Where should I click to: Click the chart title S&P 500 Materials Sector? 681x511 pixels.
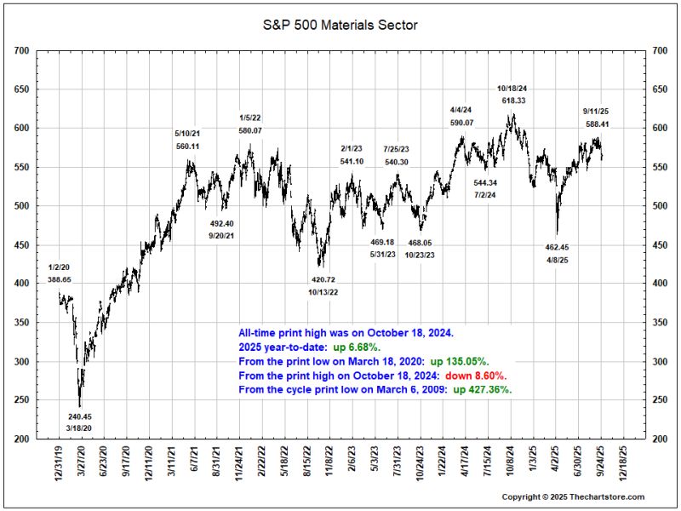pyautogui.click(x=340, y=26)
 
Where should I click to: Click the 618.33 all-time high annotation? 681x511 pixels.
pyautogui.click(x=513, y=100)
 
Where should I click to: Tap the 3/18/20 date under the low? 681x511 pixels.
pyautogui.click(x=80, y=428)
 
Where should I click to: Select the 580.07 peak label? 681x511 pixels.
pyautogui.click(x=249, y=129)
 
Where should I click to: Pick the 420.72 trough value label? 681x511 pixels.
pyautogui.click(x=323, y=279)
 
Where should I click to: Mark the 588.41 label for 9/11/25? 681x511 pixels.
pyautogui.click(x=598, y=123)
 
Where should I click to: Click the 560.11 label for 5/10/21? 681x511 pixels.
pyautogui.click(x=188, y=146)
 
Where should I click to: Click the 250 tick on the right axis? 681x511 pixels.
pyautogui.click(x=659, y=400)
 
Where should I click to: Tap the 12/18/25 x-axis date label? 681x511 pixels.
pyautogui.click(x=628, y=463)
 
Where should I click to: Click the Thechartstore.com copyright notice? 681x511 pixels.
pyautogui.click(x=573, y=497)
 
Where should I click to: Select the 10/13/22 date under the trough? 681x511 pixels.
pyautogui.click(x=323, y=292)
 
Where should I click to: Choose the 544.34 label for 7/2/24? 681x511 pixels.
pyautogui.click(x=486, y=183)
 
